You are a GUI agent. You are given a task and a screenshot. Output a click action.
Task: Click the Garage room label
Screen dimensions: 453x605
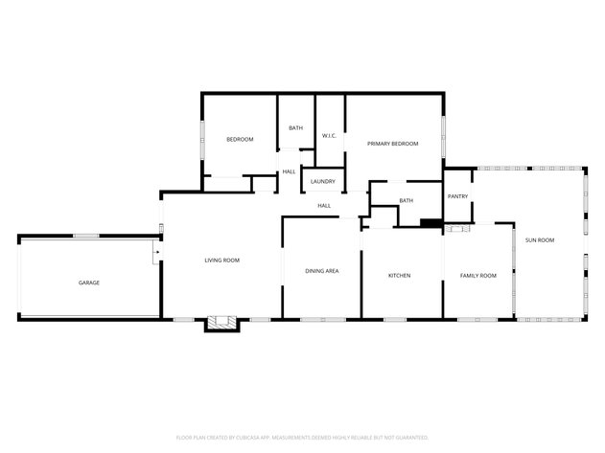[89, 283]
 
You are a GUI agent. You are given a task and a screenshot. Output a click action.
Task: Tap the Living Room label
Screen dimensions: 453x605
[221, 260]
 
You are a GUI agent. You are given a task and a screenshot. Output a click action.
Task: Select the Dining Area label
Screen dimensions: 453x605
[321, 271]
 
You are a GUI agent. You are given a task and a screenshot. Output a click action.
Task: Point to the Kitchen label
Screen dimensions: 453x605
[399, 276]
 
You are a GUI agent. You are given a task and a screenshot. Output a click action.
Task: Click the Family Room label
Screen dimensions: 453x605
[478, 276]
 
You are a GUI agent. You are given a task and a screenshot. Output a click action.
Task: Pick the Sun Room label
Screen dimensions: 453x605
[540, 239]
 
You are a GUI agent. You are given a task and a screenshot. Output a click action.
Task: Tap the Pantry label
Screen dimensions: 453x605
[457, 196]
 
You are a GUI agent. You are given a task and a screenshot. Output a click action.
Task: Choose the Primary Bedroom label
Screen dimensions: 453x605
[393, 144]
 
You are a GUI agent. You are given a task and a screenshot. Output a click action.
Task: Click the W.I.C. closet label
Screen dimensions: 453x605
[328, 135]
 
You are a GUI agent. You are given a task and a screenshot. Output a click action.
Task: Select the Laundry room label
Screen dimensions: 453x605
[322, 181]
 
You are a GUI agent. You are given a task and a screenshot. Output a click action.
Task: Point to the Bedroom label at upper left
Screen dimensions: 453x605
[240, 140]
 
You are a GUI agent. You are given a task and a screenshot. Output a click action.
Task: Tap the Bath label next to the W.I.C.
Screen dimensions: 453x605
[295, 128]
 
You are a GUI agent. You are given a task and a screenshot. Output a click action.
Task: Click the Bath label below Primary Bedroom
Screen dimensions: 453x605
[407, 200]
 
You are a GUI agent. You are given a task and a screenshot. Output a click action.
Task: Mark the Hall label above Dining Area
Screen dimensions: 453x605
[324, 205]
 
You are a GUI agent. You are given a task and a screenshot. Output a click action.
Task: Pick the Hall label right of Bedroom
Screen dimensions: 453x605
[289, 171]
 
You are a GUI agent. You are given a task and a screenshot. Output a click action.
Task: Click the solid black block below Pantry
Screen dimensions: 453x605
[430, 225]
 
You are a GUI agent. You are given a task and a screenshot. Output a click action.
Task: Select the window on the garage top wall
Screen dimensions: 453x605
[86, 236]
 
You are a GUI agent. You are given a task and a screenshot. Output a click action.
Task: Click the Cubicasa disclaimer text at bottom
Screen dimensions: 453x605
[302, 436]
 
